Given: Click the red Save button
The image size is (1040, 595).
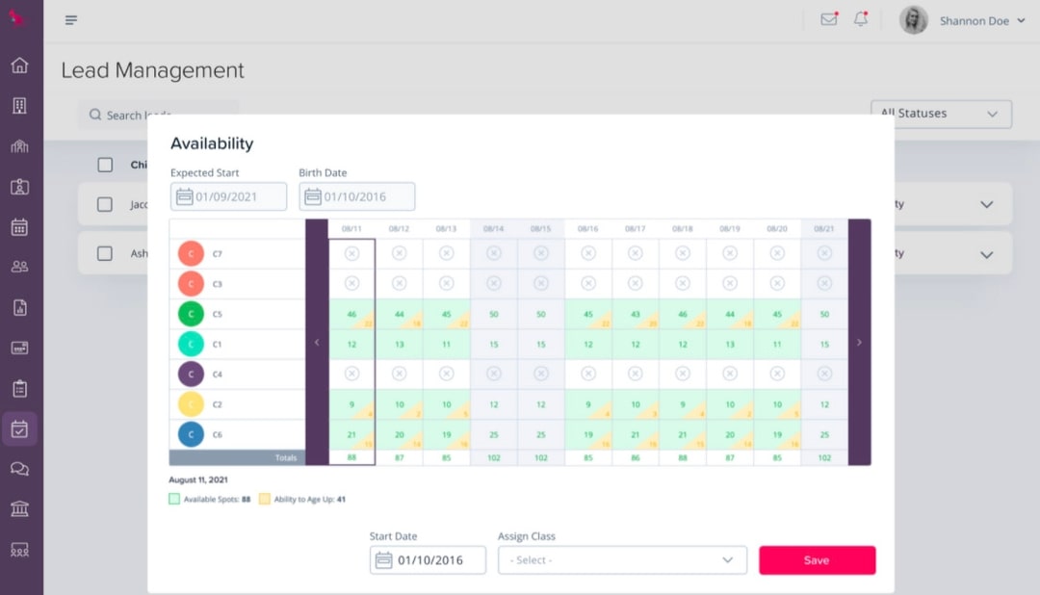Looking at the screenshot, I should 817,560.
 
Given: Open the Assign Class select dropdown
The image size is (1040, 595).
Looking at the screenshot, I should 622,560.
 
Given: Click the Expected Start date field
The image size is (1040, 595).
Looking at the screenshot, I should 228,196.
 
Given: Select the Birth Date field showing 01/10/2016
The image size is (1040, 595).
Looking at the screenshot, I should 356,196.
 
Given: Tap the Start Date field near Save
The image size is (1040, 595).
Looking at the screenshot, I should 428,560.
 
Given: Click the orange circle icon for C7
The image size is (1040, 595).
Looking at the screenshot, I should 191,254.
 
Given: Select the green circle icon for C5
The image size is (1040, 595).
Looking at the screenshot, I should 191,314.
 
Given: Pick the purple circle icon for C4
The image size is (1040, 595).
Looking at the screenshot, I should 191,375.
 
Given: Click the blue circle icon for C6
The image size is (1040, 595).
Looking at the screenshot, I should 191,434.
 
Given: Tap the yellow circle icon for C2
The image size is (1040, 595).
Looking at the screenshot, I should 191,404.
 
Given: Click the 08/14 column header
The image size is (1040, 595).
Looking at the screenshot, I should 493,229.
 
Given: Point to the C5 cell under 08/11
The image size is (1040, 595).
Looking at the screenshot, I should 351,315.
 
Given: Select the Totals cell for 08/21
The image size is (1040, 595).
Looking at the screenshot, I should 824,458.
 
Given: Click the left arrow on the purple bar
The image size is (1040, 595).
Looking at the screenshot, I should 317,343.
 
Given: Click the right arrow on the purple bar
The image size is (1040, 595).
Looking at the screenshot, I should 859,343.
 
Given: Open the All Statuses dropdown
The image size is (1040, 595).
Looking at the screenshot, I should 941,114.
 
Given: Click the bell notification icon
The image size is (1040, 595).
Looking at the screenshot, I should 860,20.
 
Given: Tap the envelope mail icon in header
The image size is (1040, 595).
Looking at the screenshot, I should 828,20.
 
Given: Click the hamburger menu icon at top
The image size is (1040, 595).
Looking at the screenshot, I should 71,20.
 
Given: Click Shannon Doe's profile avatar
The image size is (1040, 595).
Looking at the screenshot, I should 913,20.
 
